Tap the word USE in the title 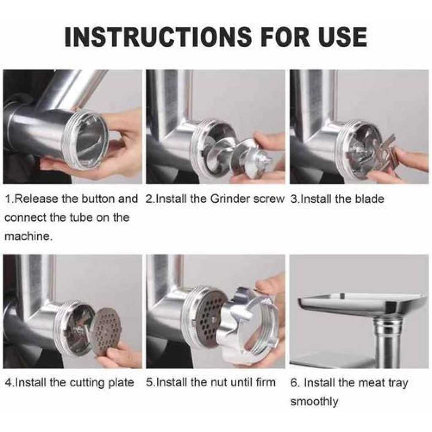point(340,36)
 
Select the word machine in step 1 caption point(29,236)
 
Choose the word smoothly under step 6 point(314,402)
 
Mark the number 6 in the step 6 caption point(294,383)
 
